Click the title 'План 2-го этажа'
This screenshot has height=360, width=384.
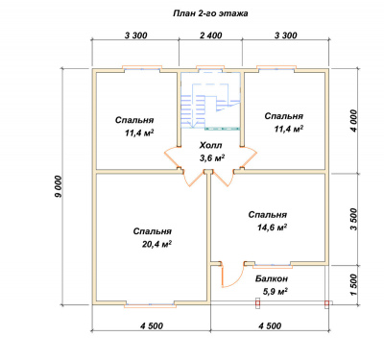point(210,13)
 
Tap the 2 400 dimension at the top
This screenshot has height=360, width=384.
point(210,36)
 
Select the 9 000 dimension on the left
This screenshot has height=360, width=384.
point(59,186)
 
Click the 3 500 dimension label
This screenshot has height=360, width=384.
point(353,219)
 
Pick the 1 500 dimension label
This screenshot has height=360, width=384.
point(353,285)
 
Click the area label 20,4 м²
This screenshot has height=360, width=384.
point(156,244)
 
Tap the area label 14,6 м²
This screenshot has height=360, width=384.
point(272,228)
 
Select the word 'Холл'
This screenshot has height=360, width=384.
point(210,146)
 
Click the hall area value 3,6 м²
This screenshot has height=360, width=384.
point(211,158)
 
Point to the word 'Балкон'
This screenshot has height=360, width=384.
point(272,278)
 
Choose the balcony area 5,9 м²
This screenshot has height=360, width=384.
point(275,292)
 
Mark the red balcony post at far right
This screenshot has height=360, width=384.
point(326,303)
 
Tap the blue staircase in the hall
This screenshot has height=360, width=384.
point(209,106)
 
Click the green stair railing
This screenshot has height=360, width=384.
point(222,129)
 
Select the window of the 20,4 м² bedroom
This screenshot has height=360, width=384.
point(150,305)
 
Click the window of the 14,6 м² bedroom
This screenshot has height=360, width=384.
point(273,265)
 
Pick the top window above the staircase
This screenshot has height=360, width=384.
point(210,68)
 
